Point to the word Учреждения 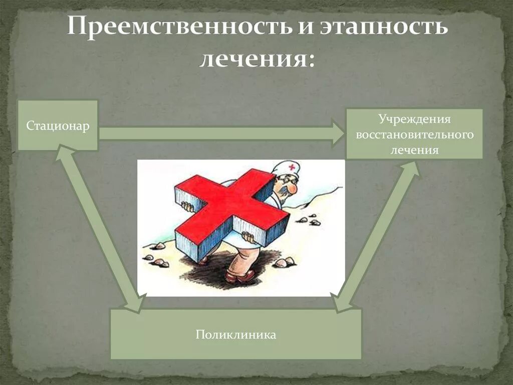point(414,119)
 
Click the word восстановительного point(414,135)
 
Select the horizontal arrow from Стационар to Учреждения point(220,133)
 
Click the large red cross point(230,206)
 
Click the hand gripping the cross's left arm point(187,206)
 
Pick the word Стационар point(58,126)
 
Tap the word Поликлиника point(235,334)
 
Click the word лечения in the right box point(414,150)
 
